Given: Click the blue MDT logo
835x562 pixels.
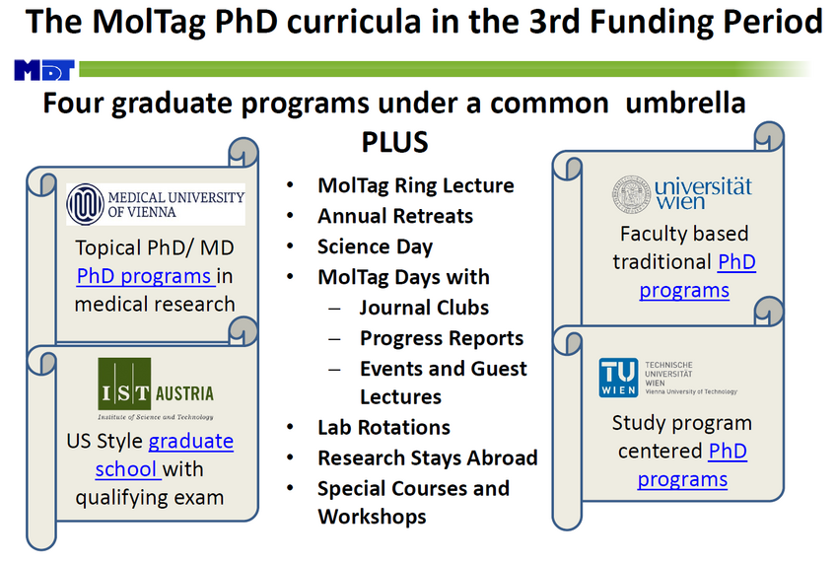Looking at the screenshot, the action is [x=44, y=70].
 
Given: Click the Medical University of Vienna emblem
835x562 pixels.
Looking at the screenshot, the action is [x=85, y=204].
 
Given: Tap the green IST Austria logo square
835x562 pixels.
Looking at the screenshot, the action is [x=124, y=384].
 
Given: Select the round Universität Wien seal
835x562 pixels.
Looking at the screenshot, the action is [x=631, y=194].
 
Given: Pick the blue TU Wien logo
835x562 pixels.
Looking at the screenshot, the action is [x=618, y=378].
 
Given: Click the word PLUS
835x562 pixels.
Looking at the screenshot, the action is [x=394, y=142].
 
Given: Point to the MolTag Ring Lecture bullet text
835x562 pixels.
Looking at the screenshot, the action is [x=416, y=185].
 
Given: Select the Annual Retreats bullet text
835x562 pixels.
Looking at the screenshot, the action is [x=395, y=216].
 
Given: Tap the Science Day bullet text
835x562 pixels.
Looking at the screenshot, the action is [x=375, y=246].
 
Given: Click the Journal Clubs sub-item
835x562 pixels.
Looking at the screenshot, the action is [x=425, y=308].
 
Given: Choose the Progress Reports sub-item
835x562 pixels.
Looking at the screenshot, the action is [x=442, y=338].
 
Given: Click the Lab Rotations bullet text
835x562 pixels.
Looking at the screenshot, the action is [x=383, y=427].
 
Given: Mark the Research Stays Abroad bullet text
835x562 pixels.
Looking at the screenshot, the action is [x=428, y=457].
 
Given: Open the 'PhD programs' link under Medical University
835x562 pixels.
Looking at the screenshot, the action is [x=144, y=276].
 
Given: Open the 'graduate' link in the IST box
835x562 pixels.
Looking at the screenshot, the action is [x=190, y=441].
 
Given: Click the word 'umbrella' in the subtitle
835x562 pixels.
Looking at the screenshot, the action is [x=685, y=103].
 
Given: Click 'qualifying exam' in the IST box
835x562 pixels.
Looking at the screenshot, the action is [x=150, y=498].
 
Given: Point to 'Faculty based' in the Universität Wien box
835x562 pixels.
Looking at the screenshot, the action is [x=684, y=234].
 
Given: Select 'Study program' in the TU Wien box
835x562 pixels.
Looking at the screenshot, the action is [x=681, y=423].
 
